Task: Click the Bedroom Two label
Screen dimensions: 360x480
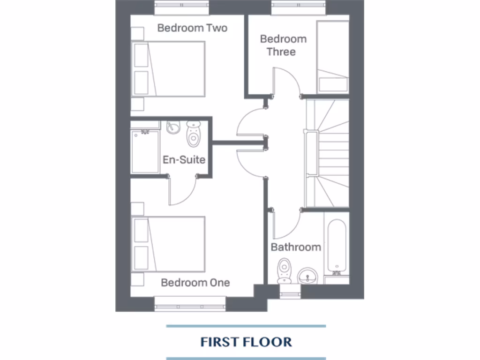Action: [x=192, y=28]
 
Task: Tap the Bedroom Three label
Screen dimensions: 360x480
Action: [x=283, y=45]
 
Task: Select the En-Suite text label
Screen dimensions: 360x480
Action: [x=184, y=159]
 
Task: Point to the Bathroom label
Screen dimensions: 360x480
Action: [x=296, y=247]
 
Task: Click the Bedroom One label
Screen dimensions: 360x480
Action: [x=195, y=283]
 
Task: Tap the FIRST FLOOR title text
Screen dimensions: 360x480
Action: [x=246, y=342]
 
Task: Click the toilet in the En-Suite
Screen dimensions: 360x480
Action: [x=193, y=133]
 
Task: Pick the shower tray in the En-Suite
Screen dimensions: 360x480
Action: [x=145, y=151]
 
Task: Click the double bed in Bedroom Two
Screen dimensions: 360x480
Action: [x=170, y=69]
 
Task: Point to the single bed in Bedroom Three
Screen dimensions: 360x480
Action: [x=333, y=56]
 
